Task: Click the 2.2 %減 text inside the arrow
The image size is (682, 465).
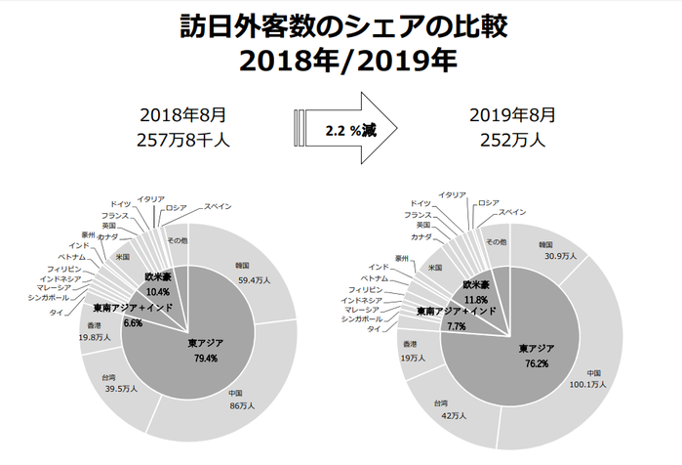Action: tap(351, 130)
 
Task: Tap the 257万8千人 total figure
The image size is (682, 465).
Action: tap(183, 141)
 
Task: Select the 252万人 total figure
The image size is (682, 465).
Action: tap(513, 141)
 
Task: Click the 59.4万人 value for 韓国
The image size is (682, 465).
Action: tap(254, 280)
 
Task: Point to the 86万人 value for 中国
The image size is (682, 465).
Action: tap(242, 405)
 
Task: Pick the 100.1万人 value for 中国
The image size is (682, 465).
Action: tap(587, 385)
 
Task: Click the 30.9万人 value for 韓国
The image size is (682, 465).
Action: tap(561, 257)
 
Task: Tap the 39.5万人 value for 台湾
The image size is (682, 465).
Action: tap(121, 389)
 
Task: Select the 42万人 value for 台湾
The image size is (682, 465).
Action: tap(454, 416)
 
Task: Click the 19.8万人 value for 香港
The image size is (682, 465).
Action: tap(96, 337)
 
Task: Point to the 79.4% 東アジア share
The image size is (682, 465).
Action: tap(206, 359)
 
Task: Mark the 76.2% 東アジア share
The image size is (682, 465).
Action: tap(537, 363)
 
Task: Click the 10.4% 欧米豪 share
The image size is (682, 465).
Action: tap(158, 292)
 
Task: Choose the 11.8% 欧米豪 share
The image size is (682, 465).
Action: tap(475, 300)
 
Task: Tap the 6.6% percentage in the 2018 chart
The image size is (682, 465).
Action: tap(133, 323)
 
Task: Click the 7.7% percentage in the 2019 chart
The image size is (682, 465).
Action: tap(457, 326)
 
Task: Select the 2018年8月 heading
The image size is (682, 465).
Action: tap(183, 115)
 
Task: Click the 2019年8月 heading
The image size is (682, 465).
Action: tap(513, 115)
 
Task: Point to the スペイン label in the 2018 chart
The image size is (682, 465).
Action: tap(218, 206)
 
